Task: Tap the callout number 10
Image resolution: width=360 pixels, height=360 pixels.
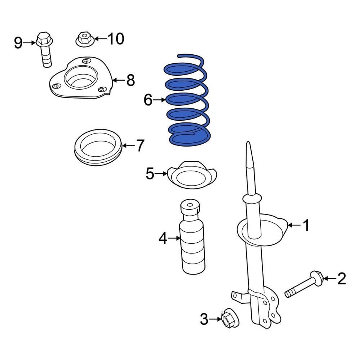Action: (115, 38)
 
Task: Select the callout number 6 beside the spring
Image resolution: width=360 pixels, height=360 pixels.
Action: (148, 100)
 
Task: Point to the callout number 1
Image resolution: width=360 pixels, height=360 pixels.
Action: (306, 225)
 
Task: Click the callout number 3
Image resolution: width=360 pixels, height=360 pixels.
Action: (204, 319)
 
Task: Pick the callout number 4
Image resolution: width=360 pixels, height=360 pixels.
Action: (162, 238)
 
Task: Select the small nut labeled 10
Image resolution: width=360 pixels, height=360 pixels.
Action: (83, 39)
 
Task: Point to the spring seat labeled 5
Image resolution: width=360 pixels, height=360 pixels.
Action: (192, 176)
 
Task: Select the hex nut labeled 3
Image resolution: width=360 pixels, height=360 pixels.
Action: (228, 319)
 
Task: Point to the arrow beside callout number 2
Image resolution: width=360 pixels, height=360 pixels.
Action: (329, 278)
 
